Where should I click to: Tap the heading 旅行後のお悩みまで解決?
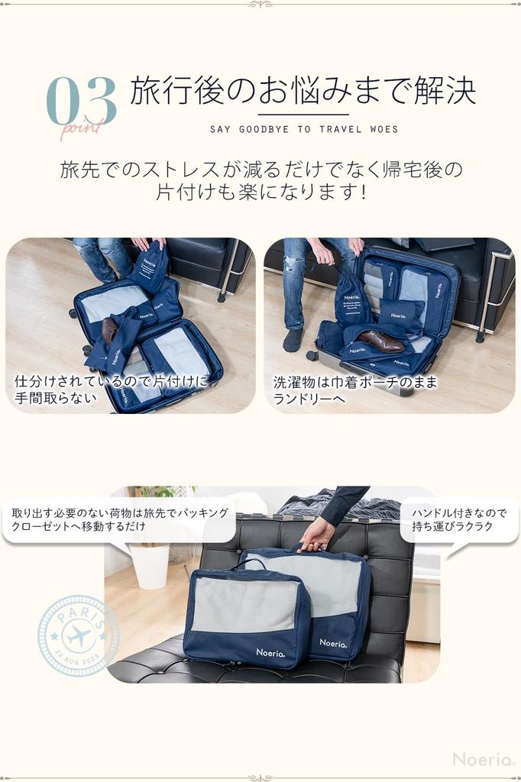303,91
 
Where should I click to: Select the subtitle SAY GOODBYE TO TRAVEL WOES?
304,129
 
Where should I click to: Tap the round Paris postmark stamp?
78,635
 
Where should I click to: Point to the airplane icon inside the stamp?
78,635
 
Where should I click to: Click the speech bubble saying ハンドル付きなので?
458,520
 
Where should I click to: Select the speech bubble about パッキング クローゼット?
119,520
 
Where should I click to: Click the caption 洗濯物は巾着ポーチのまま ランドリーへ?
354,390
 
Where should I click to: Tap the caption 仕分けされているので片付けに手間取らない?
110,390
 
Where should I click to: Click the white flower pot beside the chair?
150,565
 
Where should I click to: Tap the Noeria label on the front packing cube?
270,653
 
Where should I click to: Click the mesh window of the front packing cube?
244,603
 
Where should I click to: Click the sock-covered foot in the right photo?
293,341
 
